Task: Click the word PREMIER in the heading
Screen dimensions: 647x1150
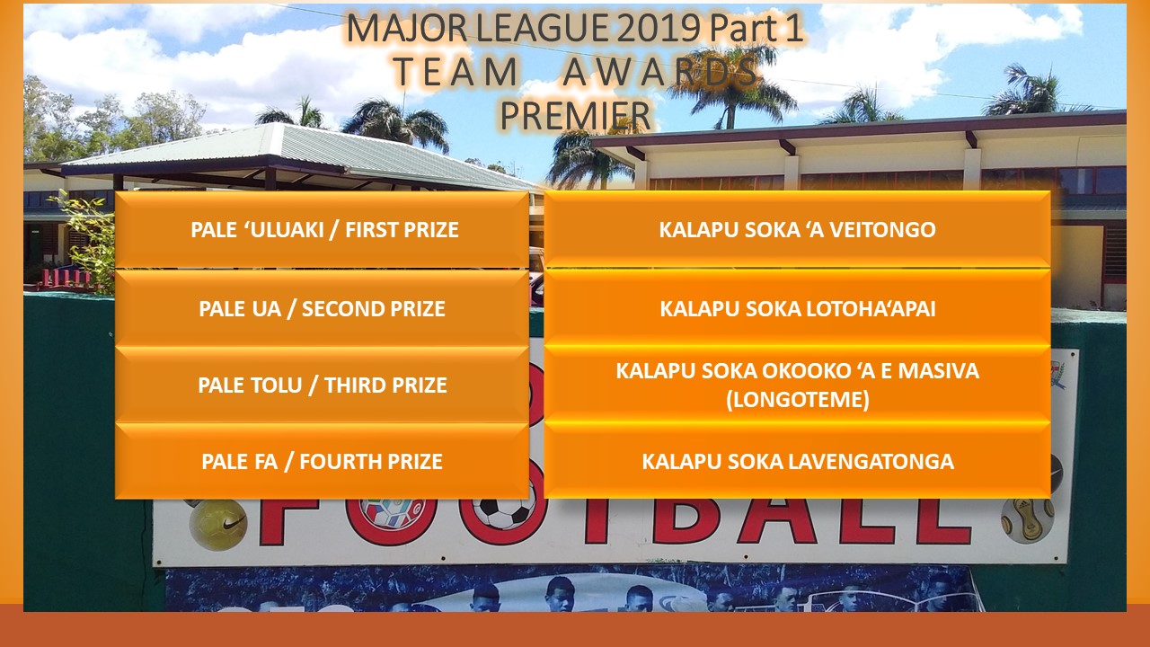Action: tap(575, 115)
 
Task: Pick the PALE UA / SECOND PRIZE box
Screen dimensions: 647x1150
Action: tap(322, 309)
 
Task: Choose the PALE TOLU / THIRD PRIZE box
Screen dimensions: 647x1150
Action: tap(322, 386)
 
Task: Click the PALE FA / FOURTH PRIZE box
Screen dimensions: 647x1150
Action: tap(322, 462)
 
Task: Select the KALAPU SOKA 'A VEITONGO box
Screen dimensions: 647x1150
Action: tap(797, 230)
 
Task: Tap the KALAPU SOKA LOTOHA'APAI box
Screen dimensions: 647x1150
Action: tap(797, 309)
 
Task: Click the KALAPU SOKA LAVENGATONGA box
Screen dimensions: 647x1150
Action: tap(797, 462)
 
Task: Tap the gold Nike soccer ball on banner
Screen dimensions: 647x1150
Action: tap(217, 524)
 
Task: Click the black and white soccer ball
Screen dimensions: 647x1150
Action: tap(502, 515)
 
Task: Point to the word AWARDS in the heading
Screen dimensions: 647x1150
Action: tap(661, 73)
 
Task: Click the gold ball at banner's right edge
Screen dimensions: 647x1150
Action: tap(1028, 519)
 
